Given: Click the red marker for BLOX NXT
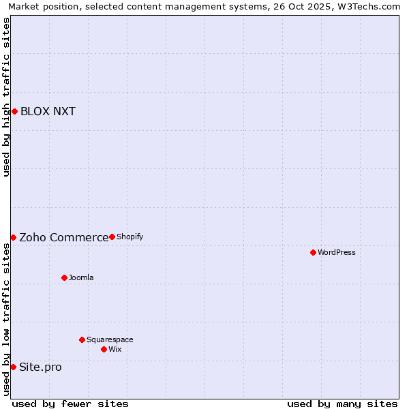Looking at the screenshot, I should click(14, 111).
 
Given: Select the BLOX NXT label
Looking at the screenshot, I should click(48, 112).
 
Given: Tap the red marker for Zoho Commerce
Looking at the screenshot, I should click(13, 237).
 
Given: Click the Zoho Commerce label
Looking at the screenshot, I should click(63, 238).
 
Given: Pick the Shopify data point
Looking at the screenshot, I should click(112, 237).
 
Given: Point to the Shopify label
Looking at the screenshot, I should click(130, 237).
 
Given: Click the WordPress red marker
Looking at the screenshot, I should click(313, 252).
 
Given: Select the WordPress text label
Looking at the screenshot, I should click(336, 253).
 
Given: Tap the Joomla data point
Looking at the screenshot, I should click(64, 277).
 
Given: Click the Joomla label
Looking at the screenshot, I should click(81, 278).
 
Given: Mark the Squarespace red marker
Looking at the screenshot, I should click(82, 339).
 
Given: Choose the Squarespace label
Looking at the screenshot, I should click(110, 340).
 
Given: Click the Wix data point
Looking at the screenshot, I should click(104, 349).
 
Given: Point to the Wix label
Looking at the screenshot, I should click(115, 350).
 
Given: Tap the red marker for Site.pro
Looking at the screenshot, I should click(13, 367).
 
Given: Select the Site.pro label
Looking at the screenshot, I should click(40, 367).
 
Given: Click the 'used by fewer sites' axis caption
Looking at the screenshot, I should click(70, 404).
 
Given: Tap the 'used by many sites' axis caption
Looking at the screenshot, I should click(342, 404).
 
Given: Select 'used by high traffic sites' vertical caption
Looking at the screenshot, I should click(6, 97).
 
